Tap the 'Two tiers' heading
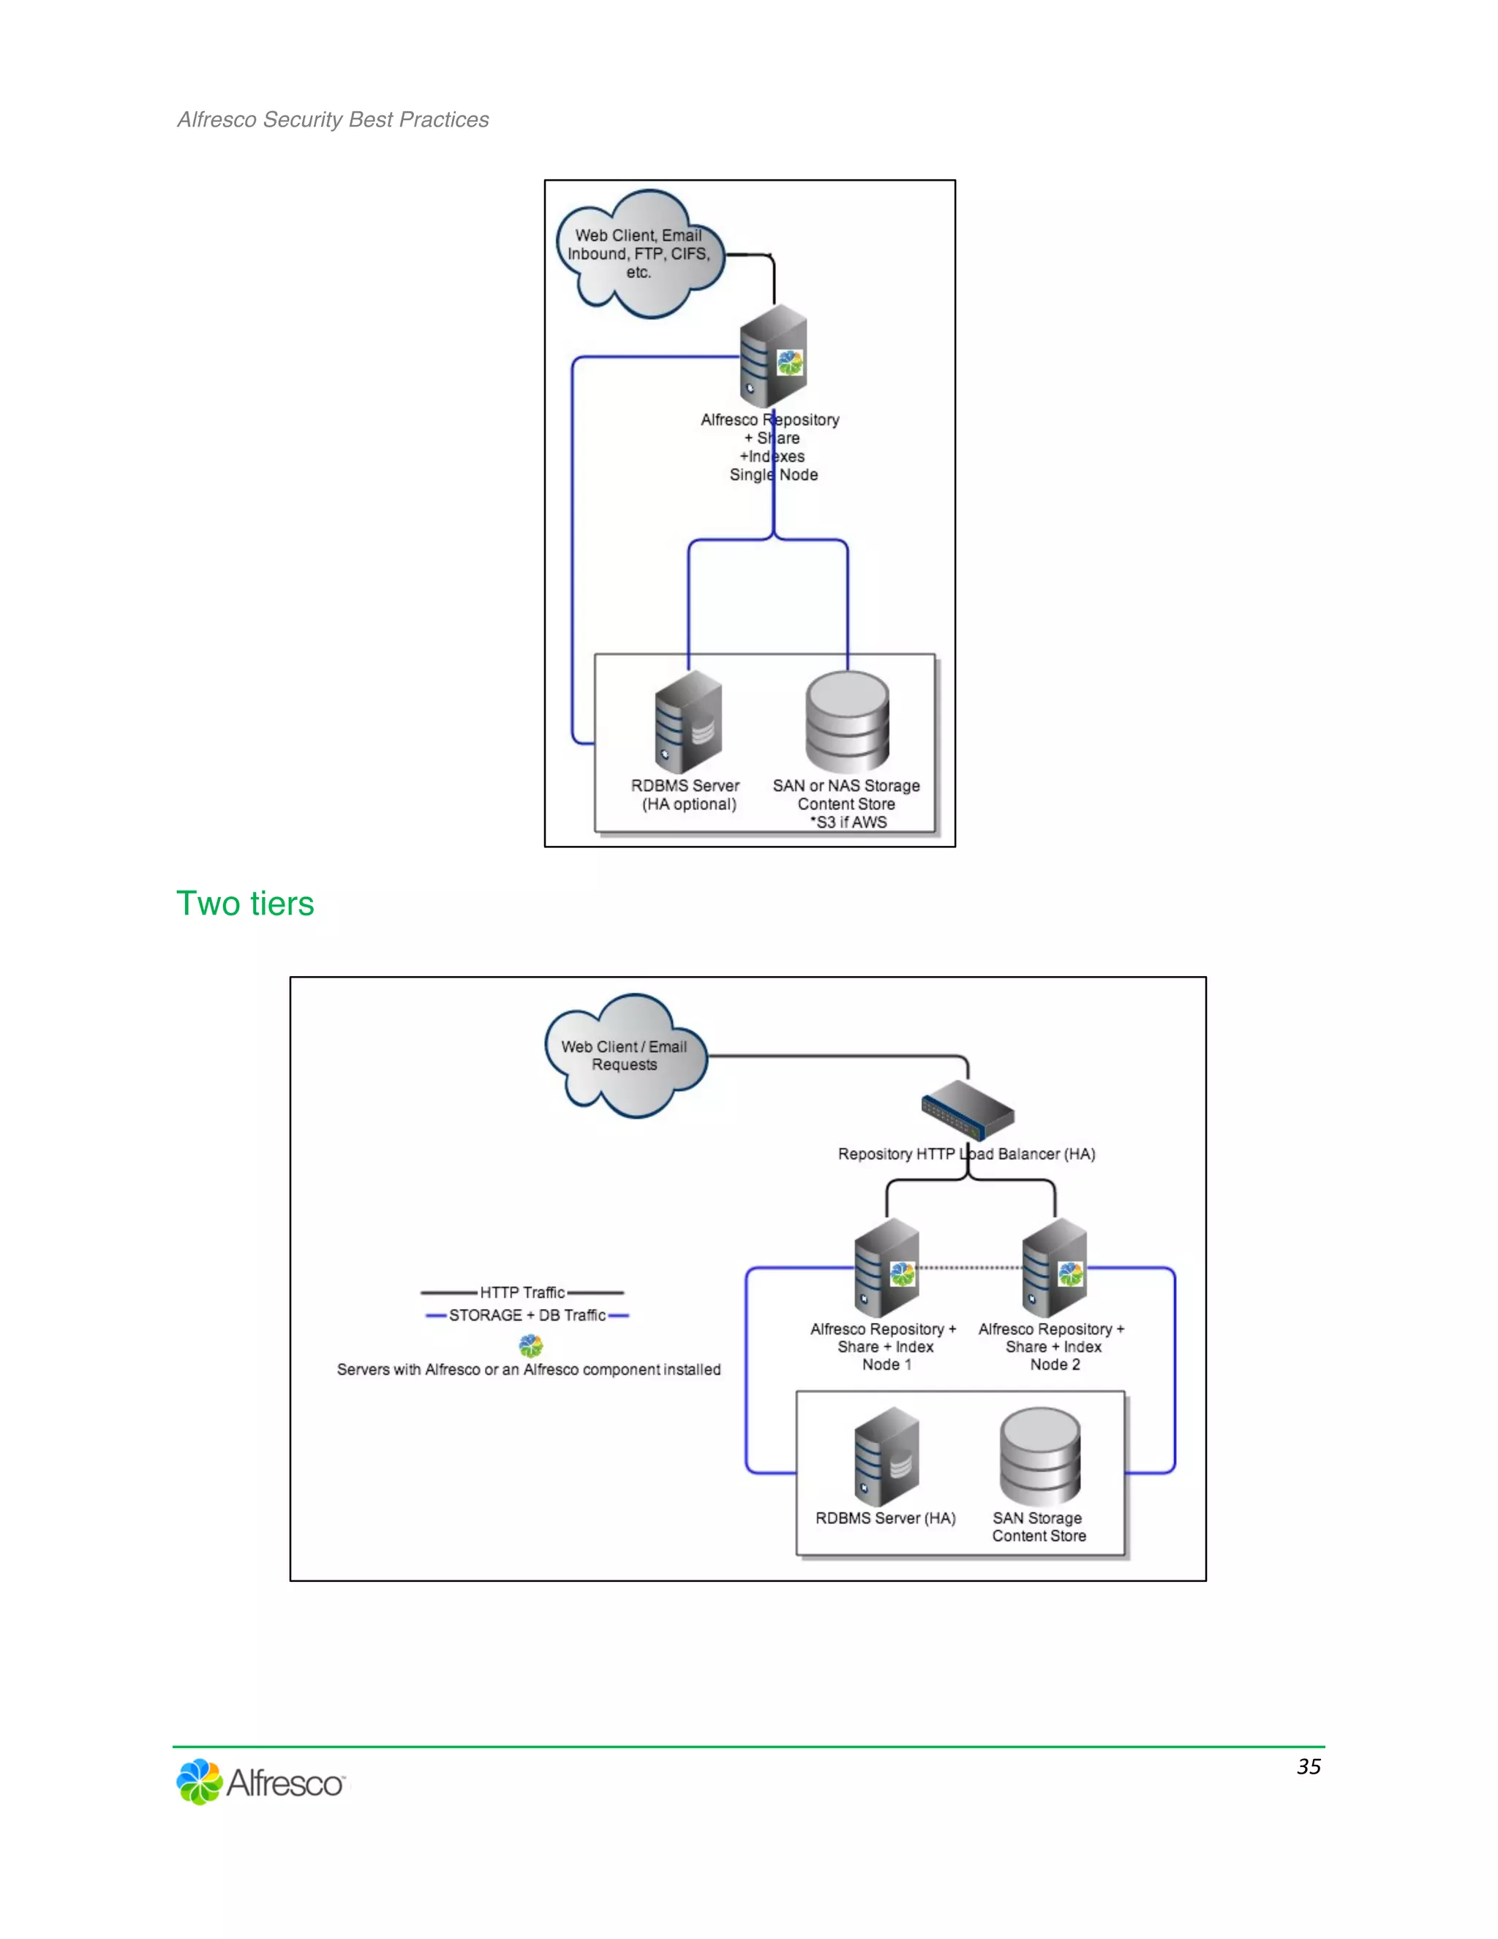[x=245, y=903]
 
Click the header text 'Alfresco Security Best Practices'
[x=333, y=119]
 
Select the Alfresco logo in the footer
[x=261, y=1781]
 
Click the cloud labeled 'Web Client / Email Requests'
[x=625, y=1056]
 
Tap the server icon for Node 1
[x=887, y=1268]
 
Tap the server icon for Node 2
[x=1054, y=1268]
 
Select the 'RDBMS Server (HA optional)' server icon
[x=688, y=721]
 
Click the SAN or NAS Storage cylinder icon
[x=848, y=721]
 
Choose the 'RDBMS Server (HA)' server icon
[x=887, y=1456]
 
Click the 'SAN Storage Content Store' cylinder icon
[x=1040, y=1456]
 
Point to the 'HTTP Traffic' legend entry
[x=523, y=1293]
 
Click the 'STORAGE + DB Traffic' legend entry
[x=527, y=1315]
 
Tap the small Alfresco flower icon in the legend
[x=531, y=1346]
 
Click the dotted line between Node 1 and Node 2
[x=970, y=1268]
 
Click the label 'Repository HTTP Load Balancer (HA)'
[x=966, y=1154]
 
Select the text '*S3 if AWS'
[x=848, y=822]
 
